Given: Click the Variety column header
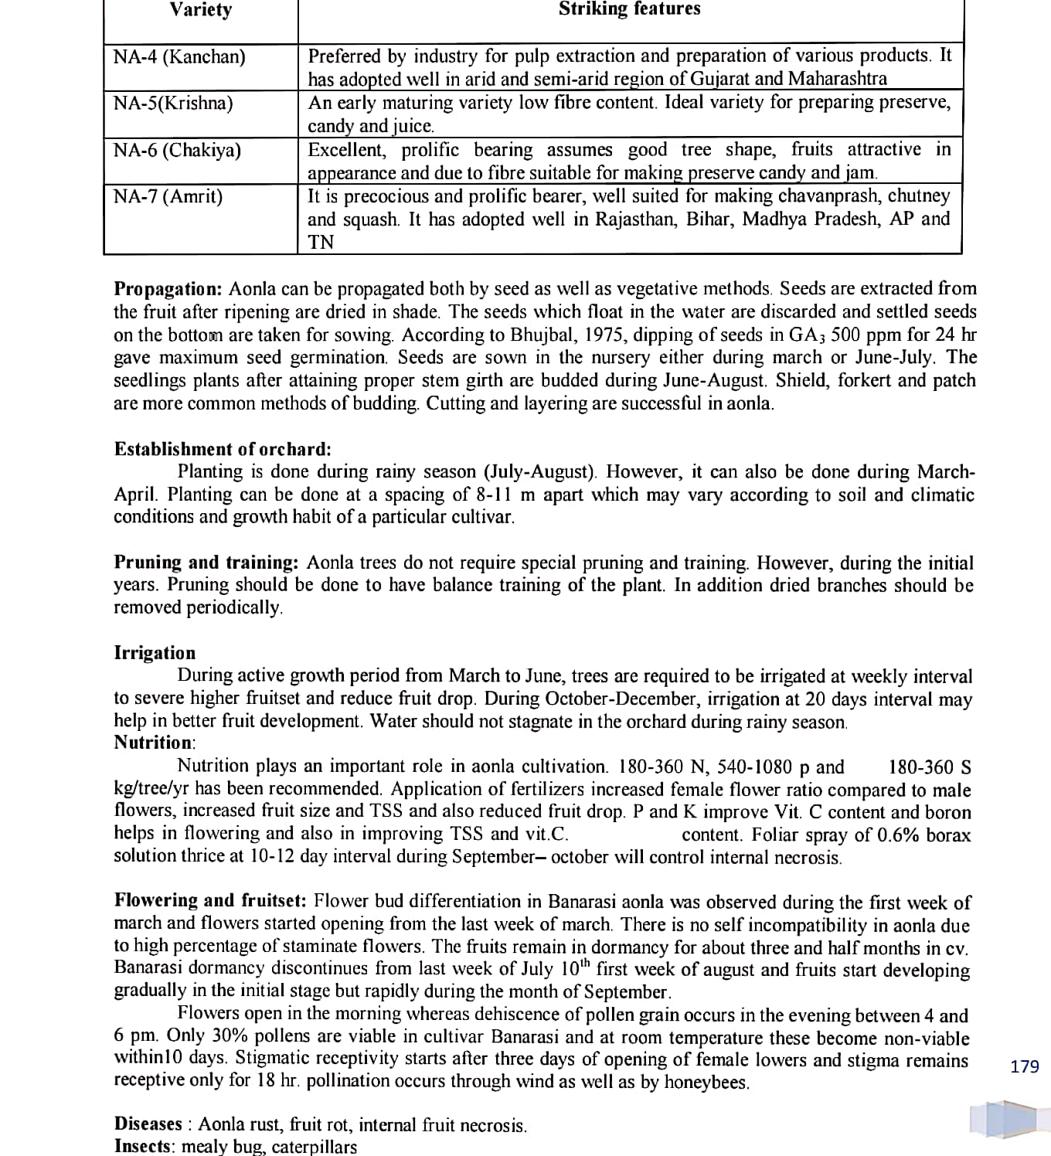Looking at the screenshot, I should point(200,10).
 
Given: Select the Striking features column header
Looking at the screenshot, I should point(629,9).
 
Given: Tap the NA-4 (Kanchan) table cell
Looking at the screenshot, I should point(179,57).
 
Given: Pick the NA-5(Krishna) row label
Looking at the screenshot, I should point(173,104).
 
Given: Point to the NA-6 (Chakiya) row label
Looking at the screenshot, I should point(177,150).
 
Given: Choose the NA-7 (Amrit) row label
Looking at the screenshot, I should point(168,196).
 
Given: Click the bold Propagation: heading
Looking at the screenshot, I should point(168,289).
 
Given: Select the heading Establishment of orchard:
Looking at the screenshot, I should point(223,449).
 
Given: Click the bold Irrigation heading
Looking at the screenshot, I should point(155,653).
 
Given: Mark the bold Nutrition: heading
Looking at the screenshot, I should point(155,743).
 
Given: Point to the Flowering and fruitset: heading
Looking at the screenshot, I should point(211,901).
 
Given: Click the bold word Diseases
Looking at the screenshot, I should point(148,1124).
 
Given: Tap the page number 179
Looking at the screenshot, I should point(1025,1067).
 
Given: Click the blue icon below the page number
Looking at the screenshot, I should point(1004,1119).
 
